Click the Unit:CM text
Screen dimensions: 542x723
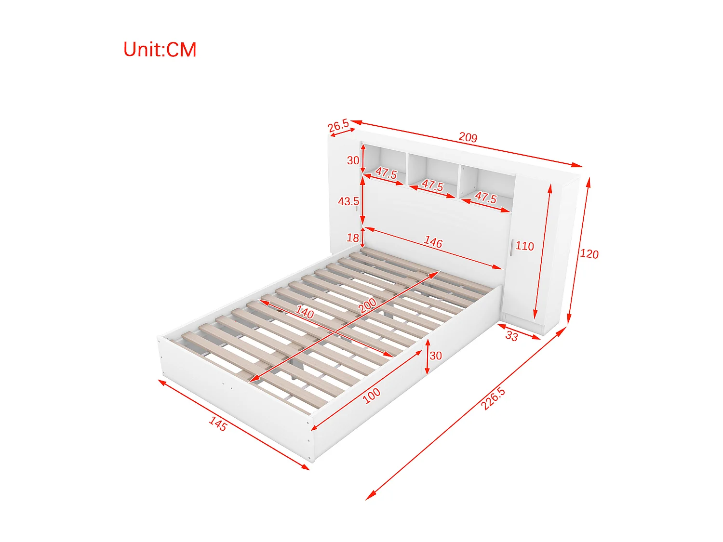(160, 50)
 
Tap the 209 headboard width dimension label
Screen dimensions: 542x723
(468, 137)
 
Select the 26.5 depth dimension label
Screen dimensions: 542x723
(338, 126)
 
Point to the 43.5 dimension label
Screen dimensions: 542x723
(348, 201)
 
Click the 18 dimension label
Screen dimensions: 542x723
(353, 238)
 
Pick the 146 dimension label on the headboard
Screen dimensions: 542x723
(433, 242)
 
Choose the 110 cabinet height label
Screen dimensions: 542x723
(524, 246)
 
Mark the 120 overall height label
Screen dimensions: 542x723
(589, 254)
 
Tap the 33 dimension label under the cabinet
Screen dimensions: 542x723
(511, 336)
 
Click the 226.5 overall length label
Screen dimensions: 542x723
(493, 398)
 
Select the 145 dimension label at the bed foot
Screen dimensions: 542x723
(218, 423)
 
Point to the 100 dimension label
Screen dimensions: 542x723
(371, 396)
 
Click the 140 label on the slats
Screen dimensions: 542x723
(305, 312)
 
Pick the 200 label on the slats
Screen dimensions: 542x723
(367, 305)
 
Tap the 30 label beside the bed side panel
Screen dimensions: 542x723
(436, 356)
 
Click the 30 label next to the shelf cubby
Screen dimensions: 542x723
(353, 160)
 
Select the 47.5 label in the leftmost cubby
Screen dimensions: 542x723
(386, 173)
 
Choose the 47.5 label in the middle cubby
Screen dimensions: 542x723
(432, 185)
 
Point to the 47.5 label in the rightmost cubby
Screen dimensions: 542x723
(485, 197)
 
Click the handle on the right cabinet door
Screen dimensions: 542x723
(511, 248)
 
